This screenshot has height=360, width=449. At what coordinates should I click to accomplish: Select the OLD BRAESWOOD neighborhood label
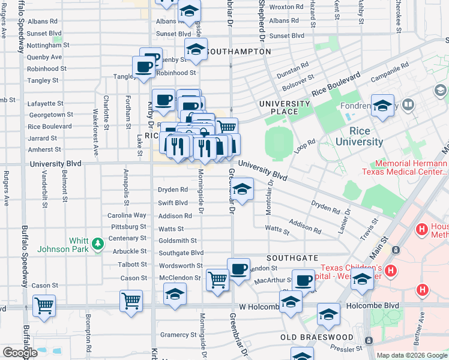pyautogui.click(x=317, y=337)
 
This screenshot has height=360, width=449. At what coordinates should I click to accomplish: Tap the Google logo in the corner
pyautogui.click(x=20, y=353)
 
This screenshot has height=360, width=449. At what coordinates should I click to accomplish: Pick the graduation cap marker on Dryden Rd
pyautogui.click(x=242, y=190)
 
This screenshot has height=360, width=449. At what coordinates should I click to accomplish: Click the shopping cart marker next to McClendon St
pyautogui.click(x=217, y=280)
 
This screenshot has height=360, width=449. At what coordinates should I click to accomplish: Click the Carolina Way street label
pyautogui.click(x=127, y=215)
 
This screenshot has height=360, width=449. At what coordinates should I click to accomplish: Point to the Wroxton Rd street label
pyautogui.click(x=286, y=7)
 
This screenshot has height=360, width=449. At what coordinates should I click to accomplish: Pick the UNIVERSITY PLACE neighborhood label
pyautogui.click(x=284, y=107)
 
